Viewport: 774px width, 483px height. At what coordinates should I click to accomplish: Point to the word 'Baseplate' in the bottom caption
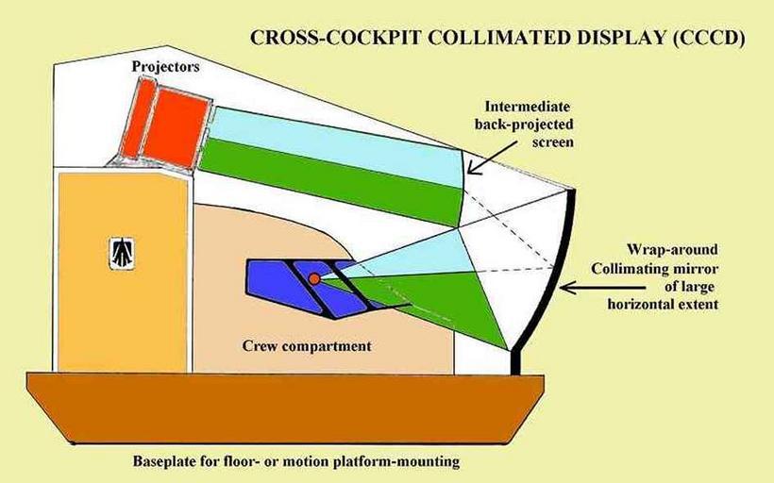[x=163, y=462]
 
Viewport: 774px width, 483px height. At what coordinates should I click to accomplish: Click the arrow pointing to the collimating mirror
[x=586, y=283]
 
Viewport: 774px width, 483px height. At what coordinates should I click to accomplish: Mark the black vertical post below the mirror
[x=516, y=360]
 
